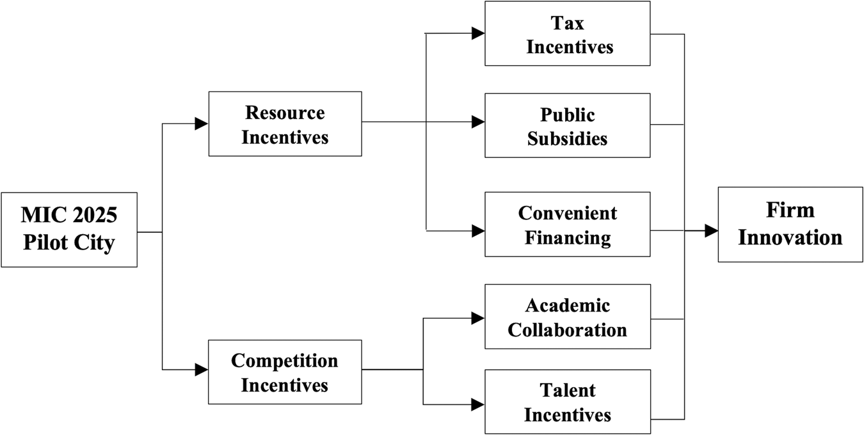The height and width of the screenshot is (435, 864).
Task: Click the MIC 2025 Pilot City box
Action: pyautogui.click(x=69, y=230)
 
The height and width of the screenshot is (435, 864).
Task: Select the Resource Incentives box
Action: pyautogui.click(x=285, y=124)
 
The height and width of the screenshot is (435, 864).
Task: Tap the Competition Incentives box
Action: pyautogui.click(x=285, y=372)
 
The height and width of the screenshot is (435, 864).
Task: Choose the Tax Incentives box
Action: pyautogui.click(x=568, y=33)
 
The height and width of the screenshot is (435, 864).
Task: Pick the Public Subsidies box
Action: pyautogui.click(x=568, y=125)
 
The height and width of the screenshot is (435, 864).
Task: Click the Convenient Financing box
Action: pyautogui.click(x=568, y=224)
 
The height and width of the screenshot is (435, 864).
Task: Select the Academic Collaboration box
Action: pyautogui.click(x=568, y=317)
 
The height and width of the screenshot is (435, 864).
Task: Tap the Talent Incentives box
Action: pyautogui.click(x=568, y=402)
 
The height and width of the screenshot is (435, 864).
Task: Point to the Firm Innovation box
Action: pyautogui.click(x=790, y=225)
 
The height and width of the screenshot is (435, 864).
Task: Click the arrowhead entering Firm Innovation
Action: pyautogui.click(x=712, y=230)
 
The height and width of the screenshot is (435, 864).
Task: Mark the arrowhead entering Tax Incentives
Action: pyautogui.click(x=478, y=33)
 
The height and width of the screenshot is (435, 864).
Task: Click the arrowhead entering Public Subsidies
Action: pyautogui.click(x=478, y=122)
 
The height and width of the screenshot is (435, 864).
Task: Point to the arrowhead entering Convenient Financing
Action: pyautogui.click(x=478, y=231)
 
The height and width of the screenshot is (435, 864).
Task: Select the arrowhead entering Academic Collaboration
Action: pyautogui.click(x=478, y=318)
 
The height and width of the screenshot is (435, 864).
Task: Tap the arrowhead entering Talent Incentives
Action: pyautogui.click(x=478, y=404)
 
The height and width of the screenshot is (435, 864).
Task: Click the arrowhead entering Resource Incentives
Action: pyautogui.click(x=202, y=123)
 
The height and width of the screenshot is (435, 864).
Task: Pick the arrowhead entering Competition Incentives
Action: pyautogui.click(x=202, y=370)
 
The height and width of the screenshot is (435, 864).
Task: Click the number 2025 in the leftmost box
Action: pyautogui.click(x=95, y=215)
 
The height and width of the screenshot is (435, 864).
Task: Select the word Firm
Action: pyautogui.click(x=790, y=210)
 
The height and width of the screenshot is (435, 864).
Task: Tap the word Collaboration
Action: pyautogui.click(x=568, y=330)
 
